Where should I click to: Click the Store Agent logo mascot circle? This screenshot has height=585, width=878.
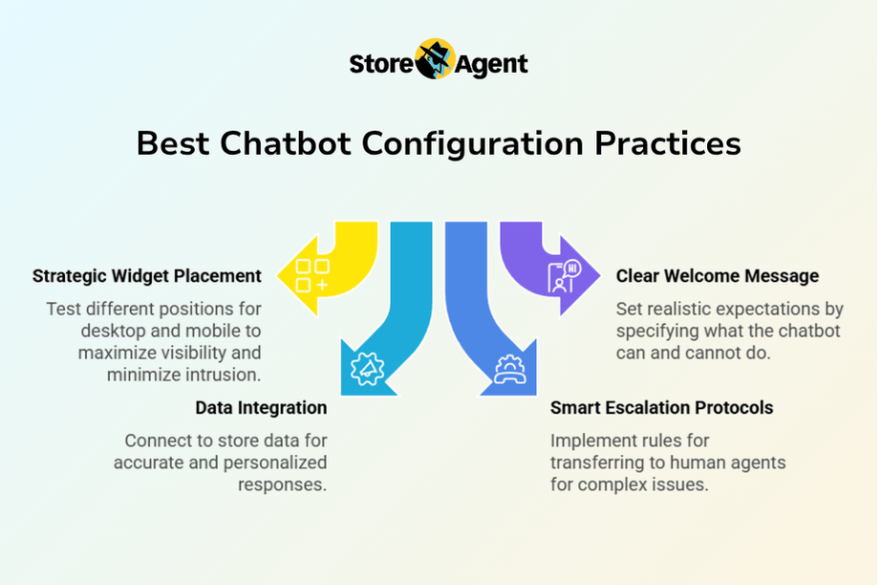click(x=435, y=59)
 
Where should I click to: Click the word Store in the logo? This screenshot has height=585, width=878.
click(x=381, y=64)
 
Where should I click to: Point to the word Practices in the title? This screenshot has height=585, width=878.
click(x=668, y=143)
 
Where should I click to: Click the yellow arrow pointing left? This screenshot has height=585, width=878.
click(x=328, y=269)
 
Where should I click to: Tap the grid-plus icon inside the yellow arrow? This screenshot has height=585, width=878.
click(x=311, y=275)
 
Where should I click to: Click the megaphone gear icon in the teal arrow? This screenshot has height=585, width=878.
click(x=367, y=368)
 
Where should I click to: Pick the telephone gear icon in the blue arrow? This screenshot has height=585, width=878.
click(x=510, y=369)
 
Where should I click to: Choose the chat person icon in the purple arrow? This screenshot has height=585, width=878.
click(x=565, y=276)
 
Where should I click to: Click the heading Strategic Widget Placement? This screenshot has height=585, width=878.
click(x=147, y=276)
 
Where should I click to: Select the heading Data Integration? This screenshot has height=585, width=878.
click(x=261, y=408)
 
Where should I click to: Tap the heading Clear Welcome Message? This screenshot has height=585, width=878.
click(x=717, y=276)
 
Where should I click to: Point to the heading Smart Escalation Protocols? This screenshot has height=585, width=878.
click(x=661, y=408)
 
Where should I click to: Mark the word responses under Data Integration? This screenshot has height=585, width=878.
click(x=282, y=485)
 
